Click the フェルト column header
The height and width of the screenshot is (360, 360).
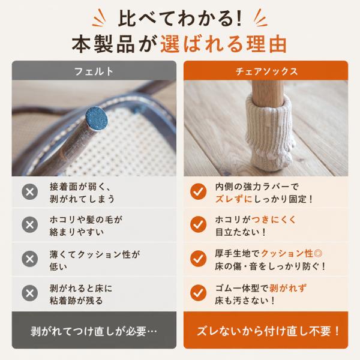point(94,71)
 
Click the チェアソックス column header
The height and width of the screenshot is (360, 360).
point(266,71)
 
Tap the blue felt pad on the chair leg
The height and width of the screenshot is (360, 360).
point(97,119)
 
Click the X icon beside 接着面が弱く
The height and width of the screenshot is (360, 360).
point(30,192)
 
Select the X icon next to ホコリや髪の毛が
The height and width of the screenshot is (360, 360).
point(30,224)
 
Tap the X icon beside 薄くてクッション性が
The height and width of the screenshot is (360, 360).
point(30,259)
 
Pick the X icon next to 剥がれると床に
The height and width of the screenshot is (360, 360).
point(30,293)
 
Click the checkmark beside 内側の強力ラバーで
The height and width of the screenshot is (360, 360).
point(199,192)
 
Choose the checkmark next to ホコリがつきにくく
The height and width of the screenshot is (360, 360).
point(199,224)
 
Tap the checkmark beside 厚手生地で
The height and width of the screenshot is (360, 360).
point(199,259)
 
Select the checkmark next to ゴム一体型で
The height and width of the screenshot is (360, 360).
point(199,293)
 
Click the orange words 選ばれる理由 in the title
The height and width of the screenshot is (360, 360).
point(223,44)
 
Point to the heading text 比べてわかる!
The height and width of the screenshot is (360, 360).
point(180,19)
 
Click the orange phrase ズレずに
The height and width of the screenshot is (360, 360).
point(234,199)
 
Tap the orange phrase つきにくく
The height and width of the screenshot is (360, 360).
point(274,220)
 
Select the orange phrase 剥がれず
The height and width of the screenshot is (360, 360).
point(288,288)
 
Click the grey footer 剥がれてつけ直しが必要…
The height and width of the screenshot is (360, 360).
point(94,331)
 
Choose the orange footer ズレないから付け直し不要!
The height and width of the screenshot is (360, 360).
point(266,331)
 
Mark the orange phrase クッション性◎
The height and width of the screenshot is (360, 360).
point(292,253)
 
